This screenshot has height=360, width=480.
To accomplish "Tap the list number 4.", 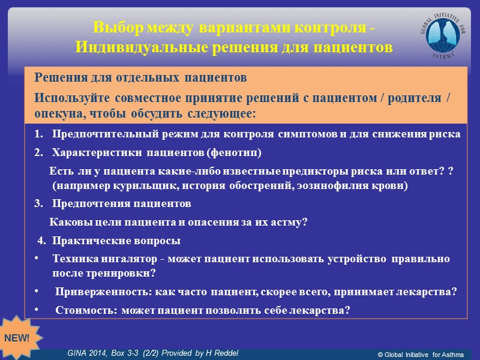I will pyautogui.click(x=41, y=241).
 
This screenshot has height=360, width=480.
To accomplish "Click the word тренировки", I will pyautogui.click(x=117, y=273).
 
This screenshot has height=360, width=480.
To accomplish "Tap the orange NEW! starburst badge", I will pyautogui.click(x=17, y=337).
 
